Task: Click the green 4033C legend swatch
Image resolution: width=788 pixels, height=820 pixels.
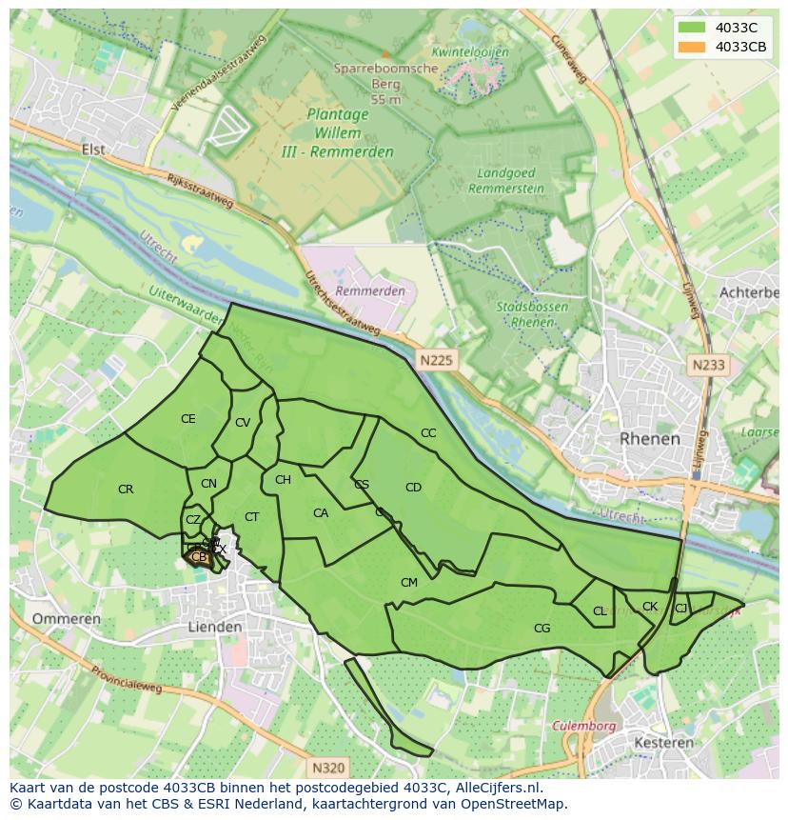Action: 693,28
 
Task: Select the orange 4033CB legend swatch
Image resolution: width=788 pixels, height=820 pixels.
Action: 693,47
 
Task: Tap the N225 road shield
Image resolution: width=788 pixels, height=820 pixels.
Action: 436,360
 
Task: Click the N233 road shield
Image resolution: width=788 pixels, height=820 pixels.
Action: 708,365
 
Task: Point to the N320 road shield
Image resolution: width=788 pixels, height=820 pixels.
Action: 328,767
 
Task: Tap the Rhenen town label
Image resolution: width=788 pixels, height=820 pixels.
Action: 650,439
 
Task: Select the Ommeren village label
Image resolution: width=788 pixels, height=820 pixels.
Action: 66,619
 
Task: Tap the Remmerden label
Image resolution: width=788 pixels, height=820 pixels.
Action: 370,290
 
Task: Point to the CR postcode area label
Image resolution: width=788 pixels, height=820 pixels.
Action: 126,490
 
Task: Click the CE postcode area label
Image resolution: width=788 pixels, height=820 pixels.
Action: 188,419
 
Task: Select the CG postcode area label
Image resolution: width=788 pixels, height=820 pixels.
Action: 542,629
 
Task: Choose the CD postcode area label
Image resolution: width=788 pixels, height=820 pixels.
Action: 413,488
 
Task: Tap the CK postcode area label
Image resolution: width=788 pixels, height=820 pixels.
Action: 650,607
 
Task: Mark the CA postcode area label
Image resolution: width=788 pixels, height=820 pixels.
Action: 321,513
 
